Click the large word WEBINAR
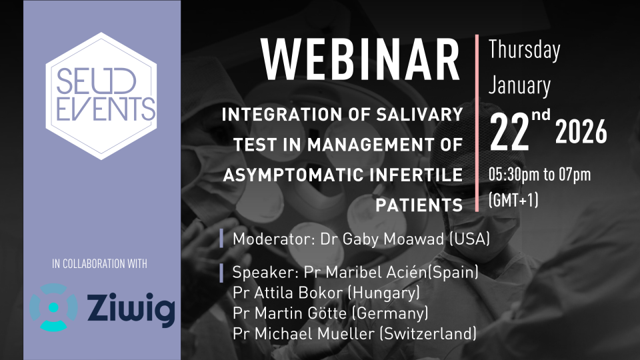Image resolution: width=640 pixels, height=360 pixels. point(361,60)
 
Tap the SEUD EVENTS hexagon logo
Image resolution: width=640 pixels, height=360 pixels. point(101,96)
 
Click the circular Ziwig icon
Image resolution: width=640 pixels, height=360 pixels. point(53,307)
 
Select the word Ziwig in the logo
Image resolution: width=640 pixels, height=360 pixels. point(131,309)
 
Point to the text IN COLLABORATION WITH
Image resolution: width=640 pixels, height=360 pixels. point(99,264)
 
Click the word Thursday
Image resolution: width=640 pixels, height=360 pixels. point(524,50)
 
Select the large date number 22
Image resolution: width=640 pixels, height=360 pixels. point(509,132)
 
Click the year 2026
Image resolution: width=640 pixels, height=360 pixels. point(581,132)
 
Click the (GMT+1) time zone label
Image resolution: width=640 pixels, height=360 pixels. point(513,200)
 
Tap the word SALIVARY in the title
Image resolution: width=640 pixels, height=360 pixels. point(419,114)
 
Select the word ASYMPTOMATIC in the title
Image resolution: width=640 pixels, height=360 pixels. point(291,175)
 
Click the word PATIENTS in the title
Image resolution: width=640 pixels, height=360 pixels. point(419,205)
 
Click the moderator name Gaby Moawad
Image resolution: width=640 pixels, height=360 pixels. point(391,239)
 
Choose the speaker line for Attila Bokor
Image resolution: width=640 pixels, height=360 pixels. point(326,293)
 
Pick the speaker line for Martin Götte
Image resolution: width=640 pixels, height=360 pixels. point(330,313)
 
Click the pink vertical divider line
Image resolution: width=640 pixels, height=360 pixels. point(477,123)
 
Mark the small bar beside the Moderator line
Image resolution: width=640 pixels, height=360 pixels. point(221,239)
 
